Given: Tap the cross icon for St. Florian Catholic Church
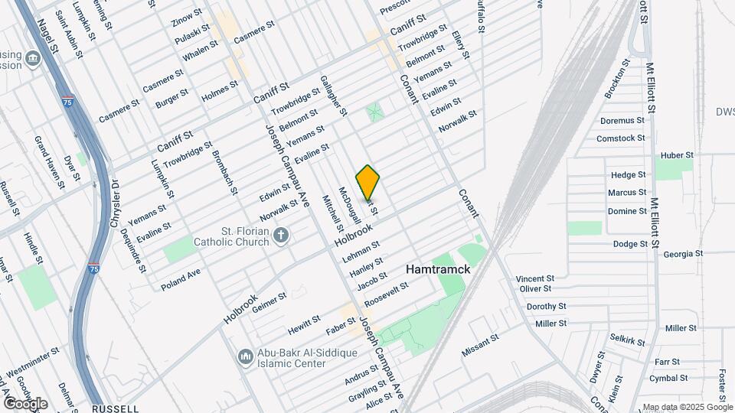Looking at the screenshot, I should pos(282,235).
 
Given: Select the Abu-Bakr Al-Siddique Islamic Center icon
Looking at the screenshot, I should pos(246,357).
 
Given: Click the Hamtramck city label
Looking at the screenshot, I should pos(438,269).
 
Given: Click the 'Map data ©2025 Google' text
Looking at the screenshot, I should pos(687,407).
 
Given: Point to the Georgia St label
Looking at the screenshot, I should pos(682,254).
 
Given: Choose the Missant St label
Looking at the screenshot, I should pos(481,346).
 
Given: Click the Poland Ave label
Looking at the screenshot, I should pos(181,278).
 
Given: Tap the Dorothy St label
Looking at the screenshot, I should pos(546,306).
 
